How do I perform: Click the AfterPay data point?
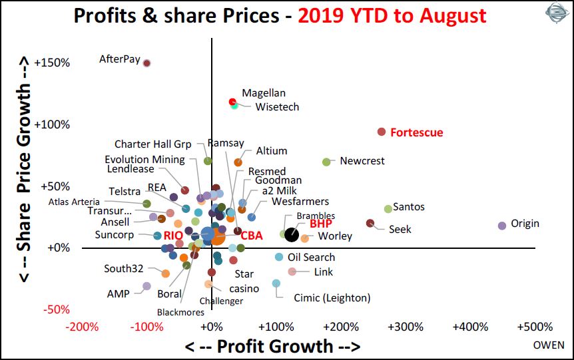[147, 63]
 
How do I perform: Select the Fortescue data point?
[382, 132]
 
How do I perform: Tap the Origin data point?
[502, 226]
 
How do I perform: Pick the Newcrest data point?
[326, 162]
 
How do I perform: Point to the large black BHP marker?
[292, 234]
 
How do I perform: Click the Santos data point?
[388, 209]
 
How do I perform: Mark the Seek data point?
[370, 223]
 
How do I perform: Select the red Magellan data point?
[232, 102]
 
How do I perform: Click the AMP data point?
[146, 286]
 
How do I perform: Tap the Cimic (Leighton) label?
[332, 298]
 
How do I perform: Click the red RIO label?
[174, 235]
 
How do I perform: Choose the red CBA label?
[252, 235]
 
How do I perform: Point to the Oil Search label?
[311, 257]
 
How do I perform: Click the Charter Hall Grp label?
[152, 144]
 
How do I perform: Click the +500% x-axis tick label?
[535, 327]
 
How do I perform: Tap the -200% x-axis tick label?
[83, 327]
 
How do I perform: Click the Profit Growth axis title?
[272, 346]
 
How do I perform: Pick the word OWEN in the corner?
[549, 345]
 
